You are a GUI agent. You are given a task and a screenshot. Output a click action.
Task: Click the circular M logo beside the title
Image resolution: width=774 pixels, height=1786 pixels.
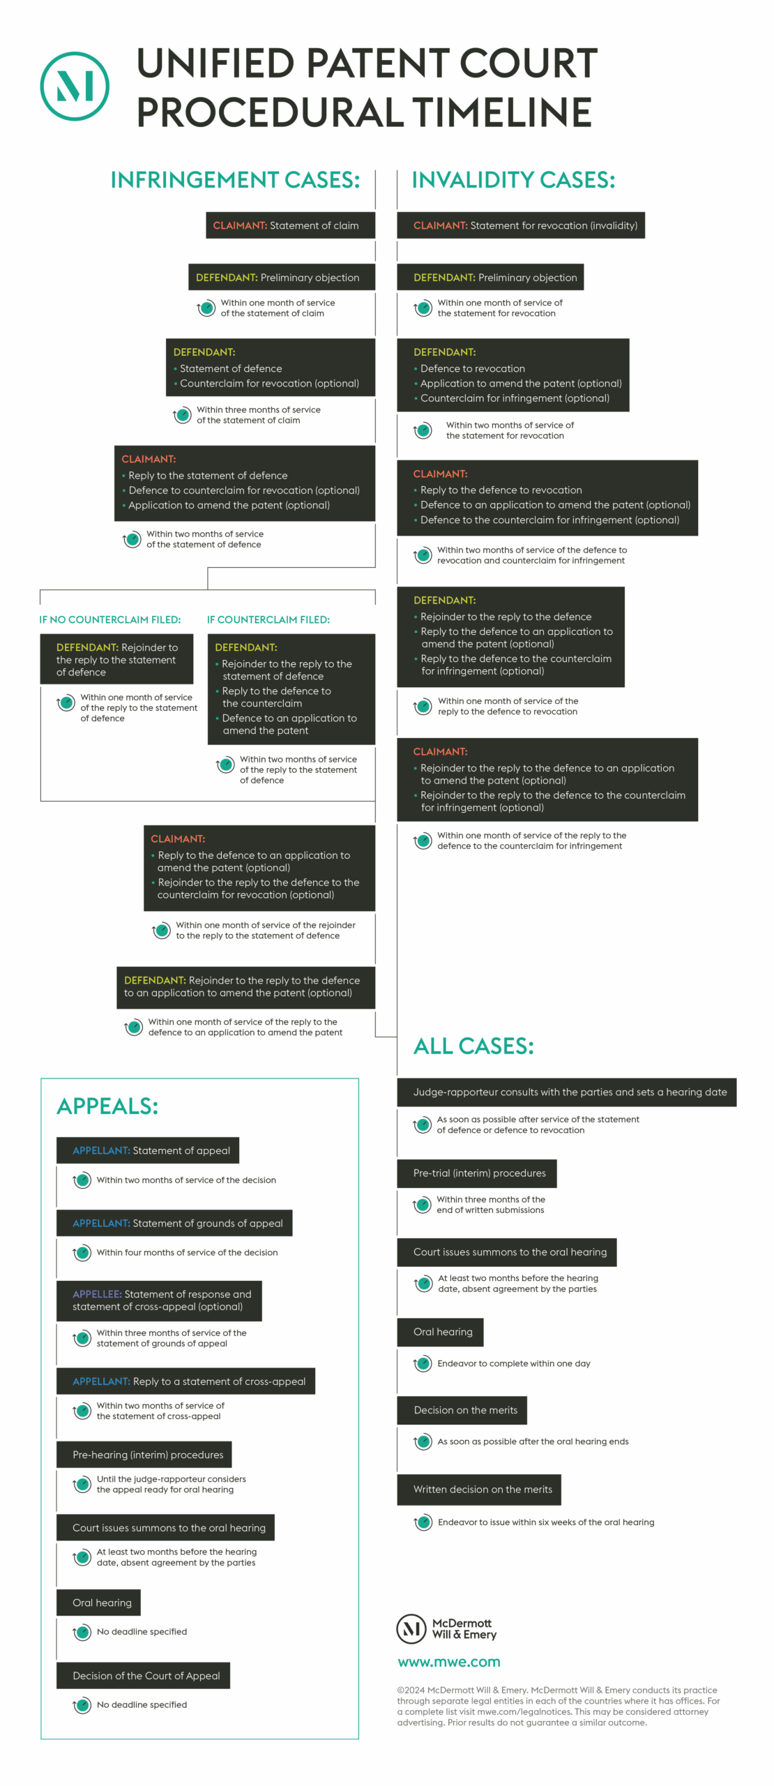(x=75, y=86)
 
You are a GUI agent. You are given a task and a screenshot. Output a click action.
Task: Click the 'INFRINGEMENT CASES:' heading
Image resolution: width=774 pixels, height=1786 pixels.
(x=235, y=180)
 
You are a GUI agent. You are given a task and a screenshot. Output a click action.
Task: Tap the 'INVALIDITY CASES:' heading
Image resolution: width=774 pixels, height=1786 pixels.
(x=513, y=180)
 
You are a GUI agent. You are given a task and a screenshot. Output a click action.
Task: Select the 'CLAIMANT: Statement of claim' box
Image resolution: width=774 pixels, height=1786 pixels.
(x=290, y=225)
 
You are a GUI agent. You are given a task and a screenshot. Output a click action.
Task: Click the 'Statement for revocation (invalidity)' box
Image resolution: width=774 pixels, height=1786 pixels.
(x=521, y=225)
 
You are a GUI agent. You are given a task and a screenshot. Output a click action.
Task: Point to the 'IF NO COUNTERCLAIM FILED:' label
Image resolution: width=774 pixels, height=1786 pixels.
(x=110, y=620)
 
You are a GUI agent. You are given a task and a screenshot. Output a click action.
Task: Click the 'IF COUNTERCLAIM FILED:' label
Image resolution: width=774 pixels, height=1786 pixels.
(x=268, y=620)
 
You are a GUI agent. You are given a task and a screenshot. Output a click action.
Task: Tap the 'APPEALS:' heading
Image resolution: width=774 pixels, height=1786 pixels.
(x=107, y=1106)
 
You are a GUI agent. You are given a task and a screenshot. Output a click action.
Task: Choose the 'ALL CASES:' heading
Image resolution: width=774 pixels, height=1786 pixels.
(x=473, y=1046)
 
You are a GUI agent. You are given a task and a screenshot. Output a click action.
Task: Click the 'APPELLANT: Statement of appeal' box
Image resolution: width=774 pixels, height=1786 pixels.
(x=148, y=1150)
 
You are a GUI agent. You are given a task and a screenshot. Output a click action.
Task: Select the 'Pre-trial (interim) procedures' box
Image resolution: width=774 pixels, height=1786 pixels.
(x=477, y=1173)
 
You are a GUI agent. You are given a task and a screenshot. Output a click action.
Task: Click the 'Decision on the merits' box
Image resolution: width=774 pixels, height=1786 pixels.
(x=462, y=1410)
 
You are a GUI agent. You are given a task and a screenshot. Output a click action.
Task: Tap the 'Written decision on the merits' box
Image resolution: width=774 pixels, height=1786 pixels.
(x=479, y=1489)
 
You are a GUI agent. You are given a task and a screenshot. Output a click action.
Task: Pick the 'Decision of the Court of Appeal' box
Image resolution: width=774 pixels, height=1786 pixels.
(x=143, y=1676)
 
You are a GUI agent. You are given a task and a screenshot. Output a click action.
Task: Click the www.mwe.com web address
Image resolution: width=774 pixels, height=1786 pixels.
(x=449, y=1662)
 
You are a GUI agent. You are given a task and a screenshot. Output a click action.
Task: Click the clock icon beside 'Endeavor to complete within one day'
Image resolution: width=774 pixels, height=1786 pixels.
(x=423, y=1364)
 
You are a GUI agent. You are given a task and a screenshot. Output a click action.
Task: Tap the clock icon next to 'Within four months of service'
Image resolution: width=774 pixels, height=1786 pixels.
(x=82, y=1253)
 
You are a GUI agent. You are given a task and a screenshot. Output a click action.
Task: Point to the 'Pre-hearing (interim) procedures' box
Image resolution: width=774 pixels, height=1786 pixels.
(x=144, y=1455)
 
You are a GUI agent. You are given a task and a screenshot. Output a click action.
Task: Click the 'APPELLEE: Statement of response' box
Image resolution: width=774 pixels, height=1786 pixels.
(x=159, y=1300)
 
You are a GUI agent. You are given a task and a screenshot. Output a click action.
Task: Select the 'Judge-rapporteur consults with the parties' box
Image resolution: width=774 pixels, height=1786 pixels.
(x=567, y=1093)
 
